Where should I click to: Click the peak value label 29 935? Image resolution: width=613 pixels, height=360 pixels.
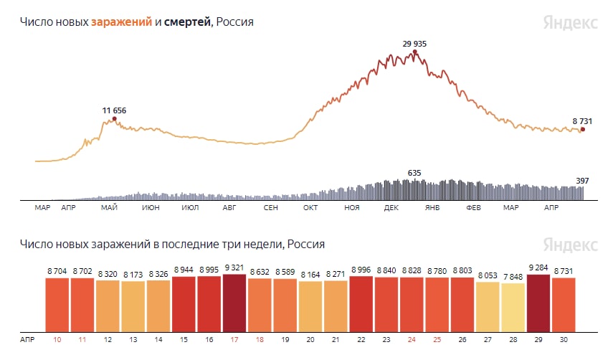point(414,44)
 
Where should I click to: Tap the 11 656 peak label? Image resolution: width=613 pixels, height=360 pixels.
point(114,110)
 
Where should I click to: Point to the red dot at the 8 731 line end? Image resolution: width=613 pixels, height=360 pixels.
point(582,130)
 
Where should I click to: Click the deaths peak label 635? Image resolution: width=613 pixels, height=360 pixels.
point(414,173)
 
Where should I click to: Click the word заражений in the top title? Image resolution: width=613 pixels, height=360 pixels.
point(121,22)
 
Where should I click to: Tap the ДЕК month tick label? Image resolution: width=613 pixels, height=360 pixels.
point(391,208)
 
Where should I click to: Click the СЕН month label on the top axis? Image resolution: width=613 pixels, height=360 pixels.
point(271,208)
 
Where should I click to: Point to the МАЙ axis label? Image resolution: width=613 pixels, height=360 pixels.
point(110,208)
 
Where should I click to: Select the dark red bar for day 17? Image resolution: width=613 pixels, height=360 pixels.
point(234,300)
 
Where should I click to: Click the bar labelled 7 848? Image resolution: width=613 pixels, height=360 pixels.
point(513,307)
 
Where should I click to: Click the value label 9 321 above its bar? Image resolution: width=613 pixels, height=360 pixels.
point(234,268)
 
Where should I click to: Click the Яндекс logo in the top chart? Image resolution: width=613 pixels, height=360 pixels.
point(570,22)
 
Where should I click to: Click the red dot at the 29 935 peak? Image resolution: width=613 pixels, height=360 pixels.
point(414,52)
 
